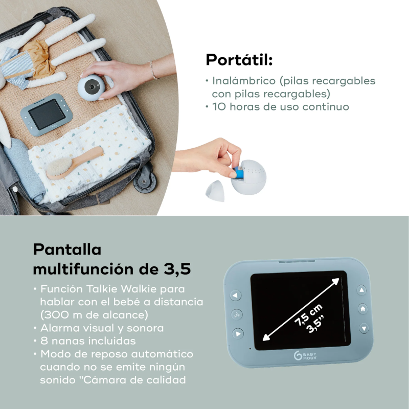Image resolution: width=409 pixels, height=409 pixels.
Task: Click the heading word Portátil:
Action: (x=239, y=60)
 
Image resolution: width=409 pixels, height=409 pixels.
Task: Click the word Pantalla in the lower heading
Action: (x=67, y=249)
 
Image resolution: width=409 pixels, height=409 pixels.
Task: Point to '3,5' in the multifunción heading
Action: (x=182, y=268)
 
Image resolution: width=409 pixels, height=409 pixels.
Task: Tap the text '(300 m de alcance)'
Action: (x=94, y=314)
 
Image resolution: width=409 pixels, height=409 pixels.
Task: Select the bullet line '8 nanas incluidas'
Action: (x=84, y=340)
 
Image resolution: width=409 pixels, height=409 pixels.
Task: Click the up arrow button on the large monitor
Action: (x=362, y=290)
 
